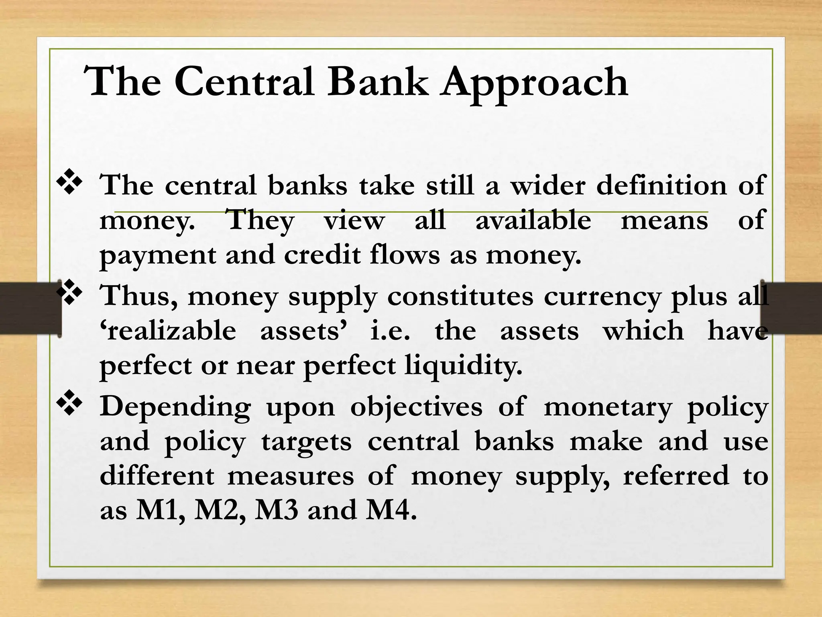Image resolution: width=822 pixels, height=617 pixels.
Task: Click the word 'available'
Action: [533, 220]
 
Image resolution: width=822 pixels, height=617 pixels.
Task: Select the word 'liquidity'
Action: [463, 366]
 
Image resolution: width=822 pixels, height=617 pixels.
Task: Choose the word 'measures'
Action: [291, 476]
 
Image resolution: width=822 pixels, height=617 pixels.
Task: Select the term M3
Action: [277, 510]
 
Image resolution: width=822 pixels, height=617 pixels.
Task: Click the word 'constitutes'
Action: [460, 296]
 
